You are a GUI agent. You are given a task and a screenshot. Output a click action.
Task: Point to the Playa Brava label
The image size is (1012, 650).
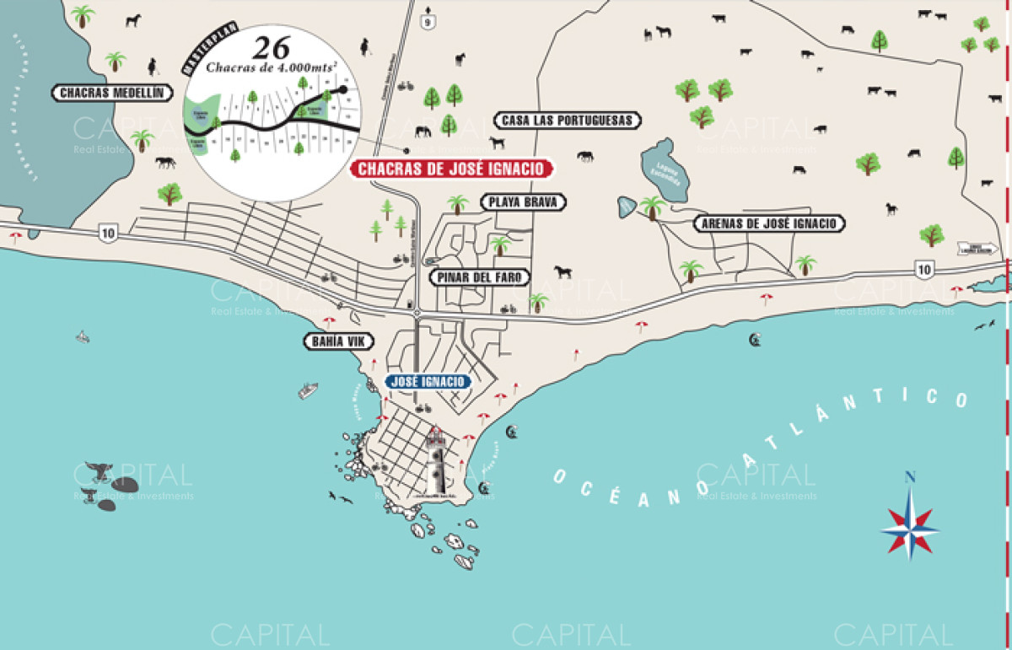(523, 202)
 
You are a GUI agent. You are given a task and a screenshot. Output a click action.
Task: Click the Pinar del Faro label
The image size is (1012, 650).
(479, 277)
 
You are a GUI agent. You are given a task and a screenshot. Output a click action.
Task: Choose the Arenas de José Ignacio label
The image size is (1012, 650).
(768, 223)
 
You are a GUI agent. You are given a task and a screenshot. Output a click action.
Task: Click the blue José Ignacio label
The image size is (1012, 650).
(428, 382)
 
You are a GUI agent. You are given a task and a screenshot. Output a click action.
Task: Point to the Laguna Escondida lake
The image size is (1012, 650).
(665, 170)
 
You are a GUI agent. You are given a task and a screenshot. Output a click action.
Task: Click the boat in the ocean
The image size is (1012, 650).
(308, 390)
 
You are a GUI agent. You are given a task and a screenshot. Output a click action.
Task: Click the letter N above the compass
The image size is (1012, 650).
(910, 477)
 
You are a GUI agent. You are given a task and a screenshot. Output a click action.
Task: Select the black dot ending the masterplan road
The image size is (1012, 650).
(343, 89)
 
